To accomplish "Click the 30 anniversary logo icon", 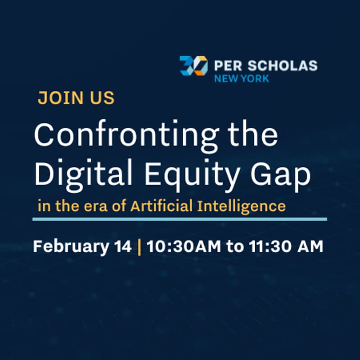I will tap(193, 66).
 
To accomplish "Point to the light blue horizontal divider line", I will tap(180, 219).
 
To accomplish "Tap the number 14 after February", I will tap(122, 247).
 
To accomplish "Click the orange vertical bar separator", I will tap(139, 247).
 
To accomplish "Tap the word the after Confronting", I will tap(249, 135).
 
